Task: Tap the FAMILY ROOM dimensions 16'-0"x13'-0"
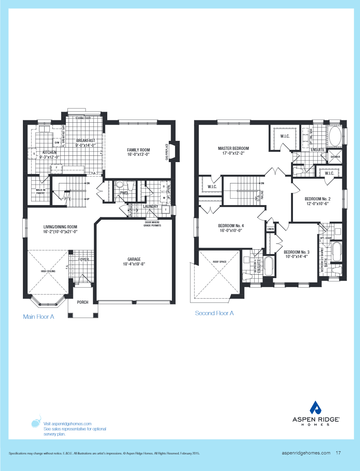(x=138, y=155)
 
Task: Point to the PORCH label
(x=83, y=302)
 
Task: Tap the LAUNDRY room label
(x=150, y=206)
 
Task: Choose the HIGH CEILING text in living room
(x=48, y=271)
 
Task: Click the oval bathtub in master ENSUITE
(x=336, y=136)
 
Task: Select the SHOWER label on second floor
(x=335, y=157)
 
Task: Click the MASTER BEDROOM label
(x=233, y=149)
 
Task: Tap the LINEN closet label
(x=270, y=229)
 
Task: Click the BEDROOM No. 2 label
(x=317, y=199)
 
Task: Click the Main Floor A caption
(x=38, y=317)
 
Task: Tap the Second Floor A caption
(x=214, y=313)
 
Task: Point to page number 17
(x=338, y=453)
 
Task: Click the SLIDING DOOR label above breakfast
(x=83, y=118)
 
